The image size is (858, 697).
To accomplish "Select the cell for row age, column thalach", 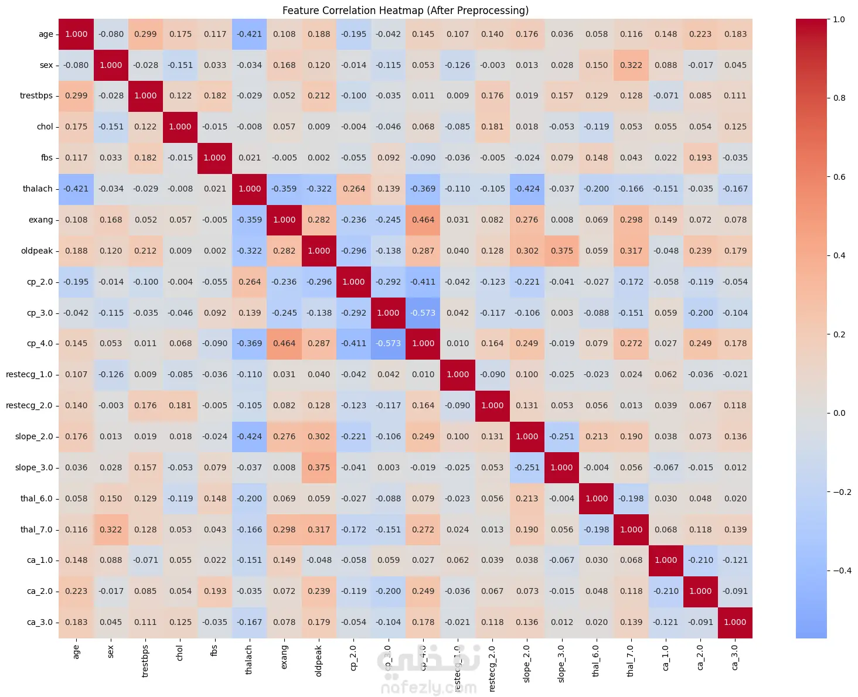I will point(250,34).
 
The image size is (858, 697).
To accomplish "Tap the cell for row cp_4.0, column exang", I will point(284,344).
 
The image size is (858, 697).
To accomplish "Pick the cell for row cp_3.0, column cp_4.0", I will point(423,313).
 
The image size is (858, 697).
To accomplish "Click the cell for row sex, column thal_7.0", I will point(631,65).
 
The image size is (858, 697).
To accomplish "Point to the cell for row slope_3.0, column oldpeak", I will point(319,467).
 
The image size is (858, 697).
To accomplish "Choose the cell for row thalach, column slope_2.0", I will point(527,189).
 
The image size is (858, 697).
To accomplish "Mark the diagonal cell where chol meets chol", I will point(181,127).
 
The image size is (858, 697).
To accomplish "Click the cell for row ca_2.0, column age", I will point(76,591).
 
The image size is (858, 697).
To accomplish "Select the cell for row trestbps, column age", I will point(76,96).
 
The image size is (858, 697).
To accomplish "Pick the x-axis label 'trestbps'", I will point(145,661).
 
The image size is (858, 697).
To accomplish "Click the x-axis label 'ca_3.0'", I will point(735,657).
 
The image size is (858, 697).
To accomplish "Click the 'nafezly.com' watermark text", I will point(428,686).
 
